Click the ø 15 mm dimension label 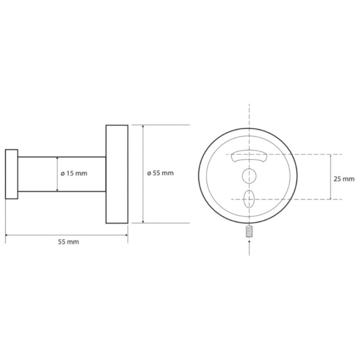click(74, 173)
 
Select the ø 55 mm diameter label click(160, 173)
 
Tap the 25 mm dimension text click(344, 179)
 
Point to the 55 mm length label click(68, 242)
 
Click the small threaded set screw click(249, 231)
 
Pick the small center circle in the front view click(249, 176)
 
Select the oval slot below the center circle click(249, 199)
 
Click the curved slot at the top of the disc click(249, 157)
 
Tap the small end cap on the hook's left click(12, 174)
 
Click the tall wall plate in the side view click(117, 174)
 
